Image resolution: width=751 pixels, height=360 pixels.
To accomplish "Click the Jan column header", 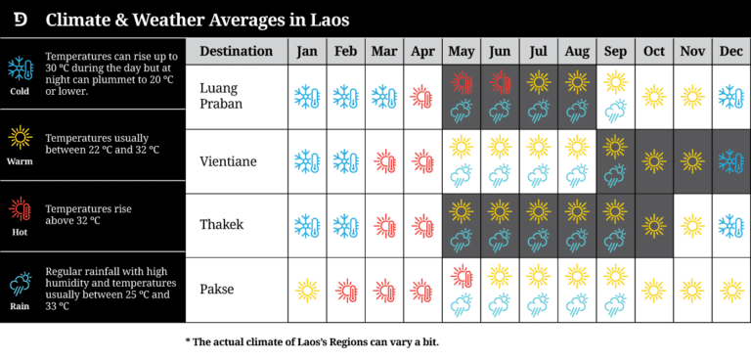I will coord(307,51).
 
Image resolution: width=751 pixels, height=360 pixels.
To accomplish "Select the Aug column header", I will coord(577,51).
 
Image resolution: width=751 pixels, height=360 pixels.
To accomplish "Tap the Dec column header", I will coord(730,51).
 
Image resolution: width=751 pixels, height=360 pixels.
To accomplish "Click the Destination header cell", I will coord(236,51).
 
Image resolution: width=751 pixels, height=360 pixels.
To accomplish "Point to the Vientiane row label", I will coord(228,160).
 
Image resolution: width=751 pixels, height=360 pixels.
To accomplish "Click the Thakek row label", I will coord(221,225).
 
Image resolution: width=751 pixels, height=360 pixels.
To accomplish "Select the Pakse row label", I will coord(216,290).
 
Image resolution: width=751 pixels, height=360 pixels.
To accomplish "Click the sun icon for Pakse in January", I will coord(307,290).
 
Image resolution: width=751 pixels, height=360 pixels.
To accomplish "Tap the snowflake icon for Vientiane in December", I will coord(730,160).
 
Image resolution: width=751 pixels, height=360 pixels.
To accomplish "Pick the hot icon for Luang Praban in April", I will coord(422,96).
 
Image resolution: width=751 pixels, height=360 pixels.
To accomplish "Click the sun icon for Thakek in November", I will coord(692,225).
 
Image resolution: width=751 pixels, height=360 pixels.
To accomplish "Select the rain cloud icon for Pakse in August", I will coord(577,304).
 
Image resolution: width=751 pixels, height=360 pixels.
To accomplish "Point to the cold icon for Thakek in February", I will coord(345,225).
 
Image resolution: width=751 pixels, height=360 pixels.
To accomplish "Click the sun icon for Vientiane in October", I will coord(653,160).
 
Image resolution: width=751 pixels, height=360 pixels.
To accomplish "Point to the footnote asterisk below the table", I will coord(188,341).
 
